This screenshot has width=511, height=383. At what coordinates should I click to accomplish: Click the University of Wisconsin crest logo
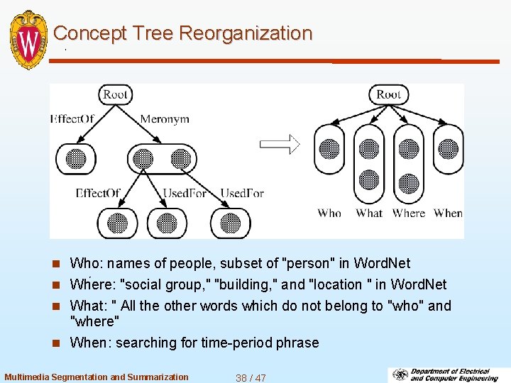coord(29,40)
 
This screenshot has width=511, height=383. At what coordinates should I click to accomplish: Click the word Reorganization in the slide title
coord(246,33)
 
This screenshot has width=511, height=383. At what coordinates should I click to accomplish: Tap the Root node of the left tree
coord(115,94)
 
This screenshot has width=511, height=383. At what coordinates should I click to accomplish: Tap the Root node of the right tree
coord(388,94)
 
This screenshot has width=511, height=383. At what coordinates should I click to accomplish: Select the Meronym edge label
coord(165,119)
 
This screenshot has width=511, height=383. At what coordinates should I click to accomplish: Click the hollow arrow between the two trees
coord(280,145)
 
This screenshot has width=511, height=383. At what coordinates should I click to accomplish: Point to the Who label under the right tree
coord(329,213)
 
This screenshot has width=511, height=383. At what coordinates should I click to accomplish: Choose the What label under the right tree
coord(369,213)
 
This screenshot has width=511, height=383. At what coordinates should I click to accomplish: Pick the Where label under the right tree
coord(409,213)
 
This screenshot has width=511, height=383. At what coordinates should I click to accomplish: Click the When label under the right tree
coord(448,213)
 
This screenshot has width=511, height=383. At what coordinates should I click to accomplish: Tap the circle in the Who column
coord(329,149)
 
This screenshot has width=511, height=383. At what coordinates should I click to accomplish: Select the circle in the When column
coord(448,149)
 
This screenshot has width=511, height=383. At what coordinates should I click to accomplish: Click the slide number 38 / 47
coord(251,377)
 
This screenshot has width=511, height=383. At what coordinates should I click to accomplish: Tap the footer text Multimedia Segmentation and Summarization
coord(97,377)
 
